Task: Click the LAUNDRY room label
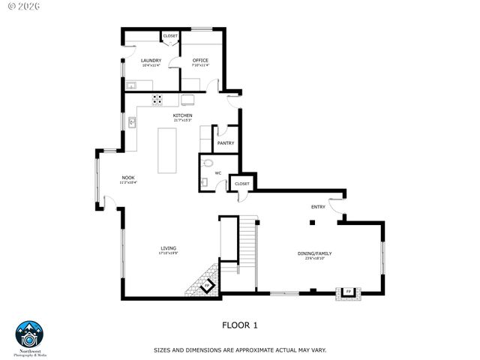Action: click(151, 60)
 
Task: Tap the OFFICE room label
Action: click(200, 60)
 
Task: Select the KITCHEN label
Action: click(183, 115)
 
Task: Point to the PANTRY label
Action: click(225, 142)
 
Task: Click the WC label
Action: click(218, 173)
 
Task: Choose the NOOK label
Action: click(128, 178)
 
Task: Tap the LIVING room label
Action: click(168, 248)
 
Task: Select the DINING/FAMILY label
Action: click(314, 253)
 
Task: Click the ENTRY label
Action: click(319, 207)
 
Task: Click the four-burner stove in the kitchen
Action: click(158, 98)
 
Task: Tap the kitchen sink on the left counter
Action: click(131, 122)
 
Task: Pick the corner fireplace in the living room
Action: click(207, 286)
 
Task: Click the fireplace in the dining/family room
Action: click(348, 291)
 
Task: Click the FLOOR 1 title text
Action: click(240, 325)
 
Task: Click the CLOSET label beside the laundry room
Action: click(169, 35)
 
